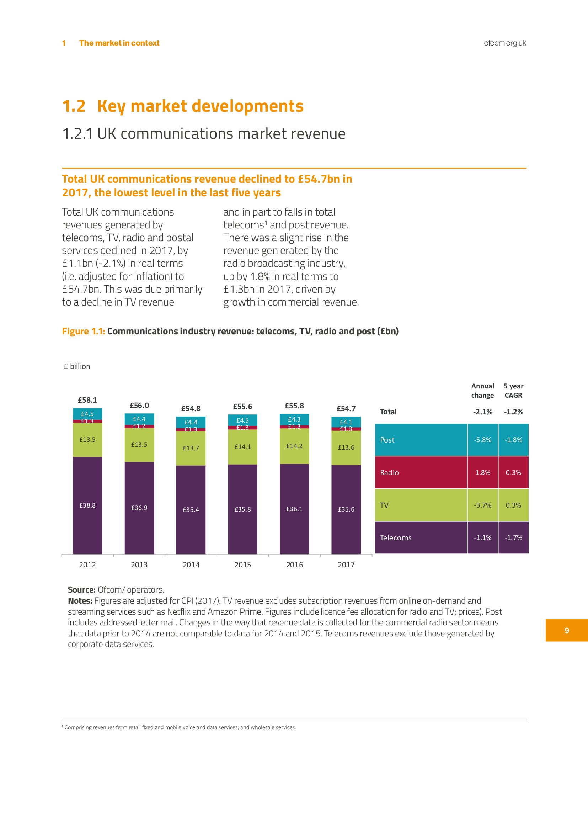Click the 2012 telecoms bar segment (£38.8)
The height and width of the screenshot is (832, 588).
pyautogui.click(x=87, y=505)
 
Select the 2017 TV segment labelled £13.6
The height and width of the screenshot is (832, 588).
pyautogui.click(x=346, y=447)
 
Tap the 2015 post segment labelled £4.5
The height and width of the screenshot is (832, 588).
pyautogui.click(x=242, y=420)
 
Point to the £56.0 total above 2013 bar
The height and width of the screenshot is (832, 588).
pyautogui.click(x=139, y=405)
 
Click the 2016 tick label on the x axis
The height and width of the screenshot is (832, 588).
pyautogui.click(x=294, y=565)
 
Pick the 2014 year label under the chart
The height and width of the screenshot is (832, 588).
pyautogui.click(x=191, y=565)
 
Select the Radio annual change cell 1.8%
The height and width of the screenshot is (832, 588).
pyautogui.click(x=482, y=472)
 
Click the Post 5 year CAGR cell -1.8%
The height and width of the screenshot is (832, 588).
pyautogui.click(x=513, y=440)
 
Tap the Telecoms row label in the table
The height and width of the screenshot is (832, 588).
pyautogui.click(x=395, y=537)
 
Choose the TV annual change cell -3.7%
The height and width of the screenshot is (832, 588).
pyautogui.click(x=482, y=505)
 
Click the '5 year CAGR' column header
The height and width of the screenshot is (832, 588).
pyautogui.click(x=513, y=391)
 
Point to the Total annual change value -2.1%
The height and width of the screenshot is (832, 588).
pyautogui.click(x=482, y=412)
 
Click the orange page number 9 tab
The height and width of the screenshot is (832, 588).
pyautogui.click(x=566, y=630)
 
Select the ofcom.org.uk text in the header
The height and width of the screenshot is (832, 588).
pyautogui.click(x=505, y=43)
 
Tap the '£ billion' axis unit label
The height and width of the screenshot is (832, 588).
pyautogui.click(x=77, y=366)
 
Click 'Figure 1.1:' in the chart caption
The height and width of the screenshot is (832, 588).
pyautogui.click(x=83, y=331)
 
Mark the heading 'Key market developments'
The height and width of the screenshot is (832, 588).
pyautogui.click(x=200, y=106)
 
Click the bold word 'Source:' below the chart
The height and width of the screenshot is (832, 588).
pyautogui.click(x=81, y=589)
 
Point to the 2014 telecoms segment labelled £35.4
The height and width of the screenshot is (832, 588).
pyautogui.click(x=191, y=509)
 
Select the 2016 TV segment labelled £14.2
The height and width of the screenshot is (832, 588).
pyautogui.click(x=294, y=446)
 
